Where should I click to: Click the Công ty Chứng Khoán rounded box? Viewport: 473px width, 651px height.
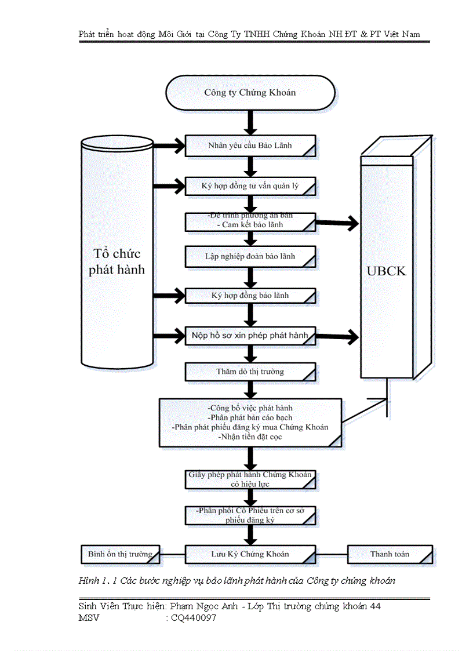[x=250, y=93]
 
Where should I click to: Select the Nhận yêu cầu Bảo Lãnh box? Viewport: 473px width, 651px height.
[x=250, y=146]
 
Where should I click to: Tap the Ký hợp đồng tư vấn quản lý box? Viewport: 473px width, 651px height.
[x=250, y=187]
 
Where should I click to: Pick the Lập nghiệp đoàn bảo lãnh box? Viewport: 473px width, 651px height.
[x=250, y=256]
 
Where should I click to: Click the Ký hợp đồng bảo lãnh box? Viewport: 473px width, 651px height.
[x=250, y=296]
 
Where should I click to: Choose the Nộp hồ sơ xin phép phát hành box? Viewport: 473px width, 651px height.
[x=250, y=336]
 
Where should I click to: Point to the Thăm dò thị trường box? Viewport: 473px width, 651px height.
[x=250, y=372]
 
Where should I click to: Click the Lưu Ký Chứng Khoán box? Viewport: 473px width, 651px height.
[x=250, y=554]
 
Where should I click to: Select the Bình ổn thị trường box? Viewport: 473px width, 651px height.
[x=119, y=554]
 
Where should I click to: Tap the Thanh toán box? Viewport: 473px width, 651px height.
[x=390, y=554]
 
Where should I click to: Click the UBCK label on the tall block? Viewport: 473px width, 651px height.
[x=387, y=271]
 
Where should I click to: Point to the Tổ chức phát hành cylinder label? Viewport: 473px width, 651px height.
[x=117, y=262]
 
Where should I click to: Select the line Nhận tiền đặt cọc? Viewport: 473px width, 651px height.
[x=250, y=437]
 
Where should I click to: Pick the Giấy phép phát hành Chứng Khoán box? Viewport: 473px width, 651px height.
[x=250, y=479]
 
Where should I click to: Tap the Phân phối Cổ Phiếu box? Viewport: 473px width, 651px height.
[x=250, y=515]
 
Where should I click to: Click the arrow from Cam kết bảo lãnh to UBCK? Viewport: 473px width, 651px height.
[x=337, y=222]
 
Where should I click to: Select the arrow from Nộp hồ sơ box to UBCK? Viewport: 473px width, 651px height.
[x=337, y=336]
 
